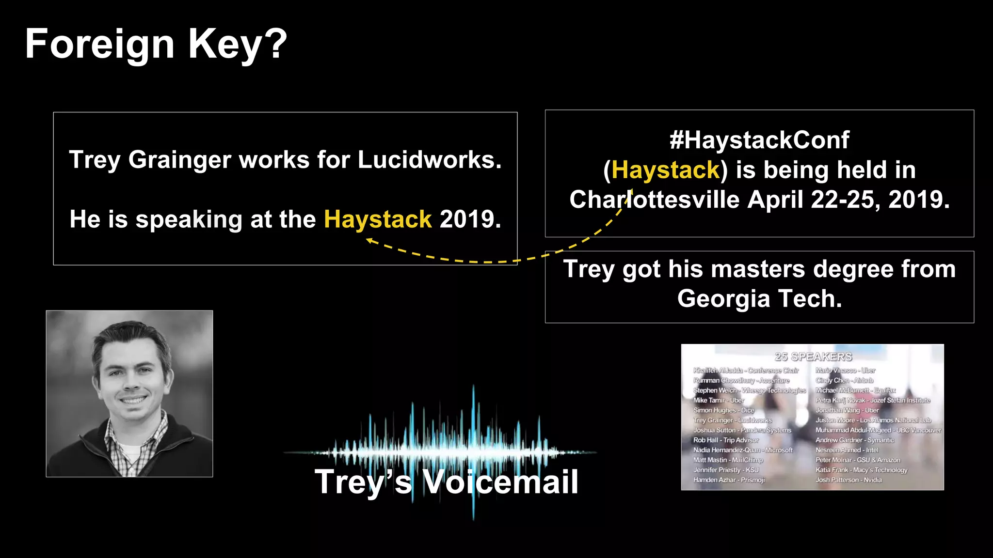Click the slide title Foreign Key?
(x=156, y=44)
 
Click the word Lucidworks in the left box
(x=429, y=160)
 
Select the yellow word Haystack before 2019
(x=378, y=219)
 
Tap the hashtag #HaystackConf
(x=759, y=140)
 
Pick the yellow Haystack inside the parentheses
(x=666, y=170)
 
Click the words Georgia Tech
(x=759, y=299)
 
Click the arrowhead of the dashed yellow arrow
(x=369, y=240)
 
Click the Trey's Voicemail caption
(x=446, y=482)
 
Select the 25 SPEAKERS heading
(x=813, y=357)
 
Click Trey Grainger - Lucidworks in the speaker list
(x=732, y=420)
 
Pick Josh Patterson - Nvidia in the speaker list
(x=849, y=480)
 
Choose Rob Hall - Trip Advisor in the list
(x=726, y=440)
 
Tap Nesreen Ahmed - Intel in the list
(x=847, y=450)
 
